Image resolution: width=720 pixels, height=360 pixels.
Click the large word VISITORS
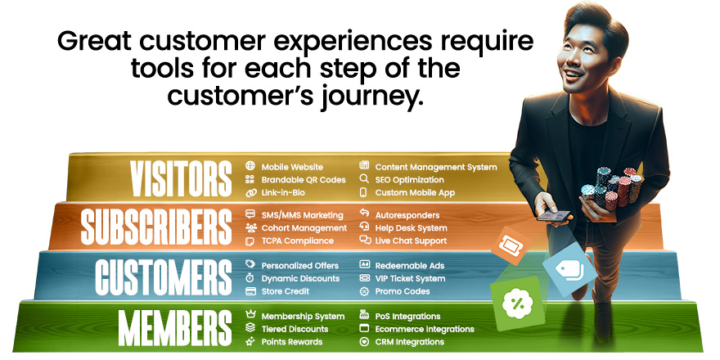(181, 179)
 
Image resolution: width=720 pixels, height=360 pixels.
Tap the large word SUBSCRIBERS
(156, 227)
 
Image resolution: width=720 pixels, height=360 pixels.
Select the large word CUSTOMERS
(164, 277)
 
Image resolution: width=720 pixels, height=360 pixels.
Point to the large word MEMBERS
(175, 328)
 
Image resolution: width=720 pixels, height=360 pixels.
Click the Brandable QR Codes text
(304, 180)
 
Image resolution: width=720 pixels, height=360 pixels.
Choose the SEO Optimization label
(409, 180)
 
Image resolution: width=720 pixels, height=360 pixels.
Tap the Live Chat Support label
(411, 241)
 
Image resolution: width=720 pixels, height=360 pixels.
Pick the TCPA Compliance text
(297, 241)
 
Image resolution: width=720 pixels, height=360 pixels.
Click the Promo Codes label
(402, 291)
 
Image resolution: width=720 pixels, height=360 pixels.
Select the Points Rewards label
(292, 342)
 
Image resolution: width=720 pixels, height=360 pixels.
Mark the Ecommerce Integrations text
(425, 329)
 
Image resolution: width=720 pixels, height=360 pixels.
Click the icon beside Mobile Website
(250, 167)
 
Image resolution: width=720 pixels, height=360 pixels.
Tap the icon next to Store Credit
(250, 291)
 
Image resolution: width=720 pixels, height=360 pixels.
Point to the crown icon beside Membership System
(250, 316)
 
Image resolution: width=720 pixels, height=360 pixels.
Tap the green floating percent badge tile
(516, 303)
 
